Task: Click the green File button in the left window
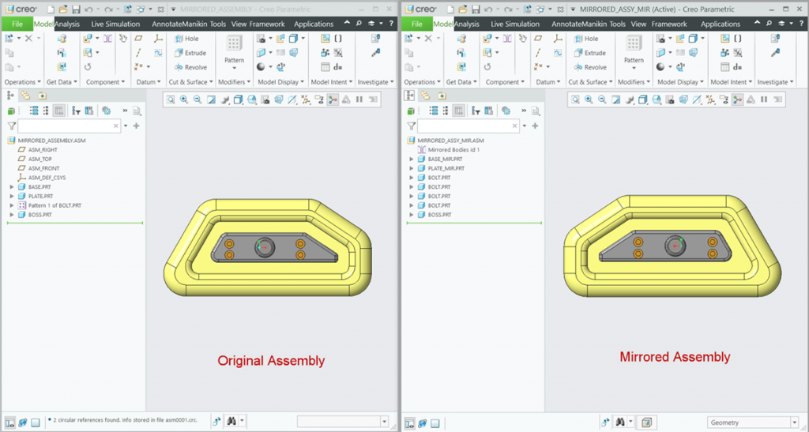coord(17,24)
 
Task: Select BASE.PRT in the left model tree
coord(40,186)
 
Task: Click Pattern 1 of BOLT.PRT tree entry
coord(54,205)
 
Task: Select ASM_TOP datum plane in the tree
coord(40,159)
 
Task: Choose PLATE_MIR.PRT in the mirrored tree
coord(446,168)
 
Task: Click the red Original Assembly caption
coord(271,361)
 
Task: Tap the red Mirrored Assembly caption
coord(675,357)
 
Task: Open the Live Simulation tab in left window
coord(115,24)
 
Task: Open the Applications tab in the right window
coord(721,24)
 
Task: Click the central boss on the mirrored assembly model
coord(675,246)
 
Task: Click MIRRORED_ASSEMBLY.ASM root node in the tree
coord(47,140)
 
